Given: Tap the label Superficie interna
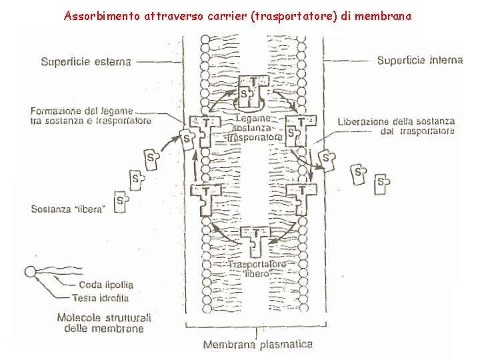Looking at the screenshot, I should pos(419,61).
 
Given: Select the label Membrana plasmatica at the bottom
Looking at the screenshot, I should pos(257,345).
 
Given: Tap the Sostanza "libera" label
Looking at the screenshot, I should pos(69,209).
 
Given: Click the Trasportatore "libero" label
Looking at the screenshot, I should pos(257,269).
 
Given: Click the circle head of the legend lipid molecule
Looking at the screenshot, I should pos(30,271).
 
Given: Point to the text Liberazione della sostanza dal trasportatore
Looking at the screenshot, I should pos(396,126).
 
